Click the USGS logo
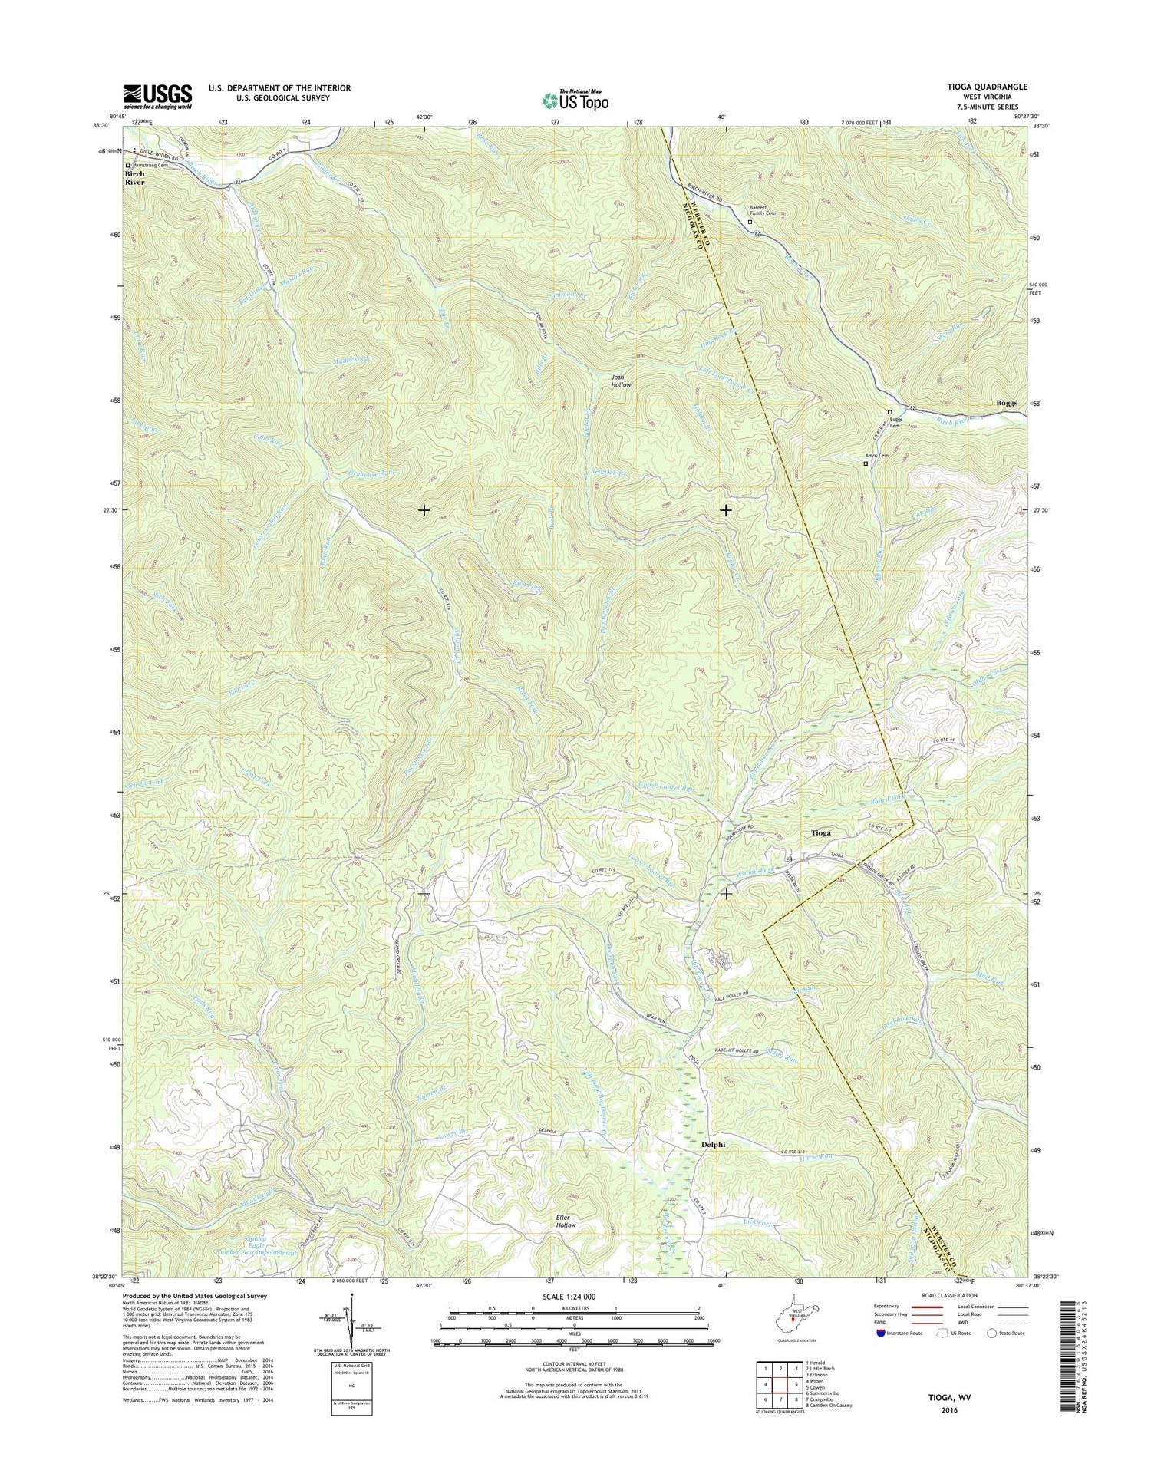pos(157,97)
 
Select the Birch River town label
pos(134,178)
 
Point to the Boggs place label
pos(1006,403)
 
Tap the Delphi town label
pos(714,1144)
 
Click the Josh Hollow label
pos(621,381)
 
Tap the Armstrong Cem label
pos(149,165)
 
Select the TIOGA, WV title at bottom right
pos(948,1398)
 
